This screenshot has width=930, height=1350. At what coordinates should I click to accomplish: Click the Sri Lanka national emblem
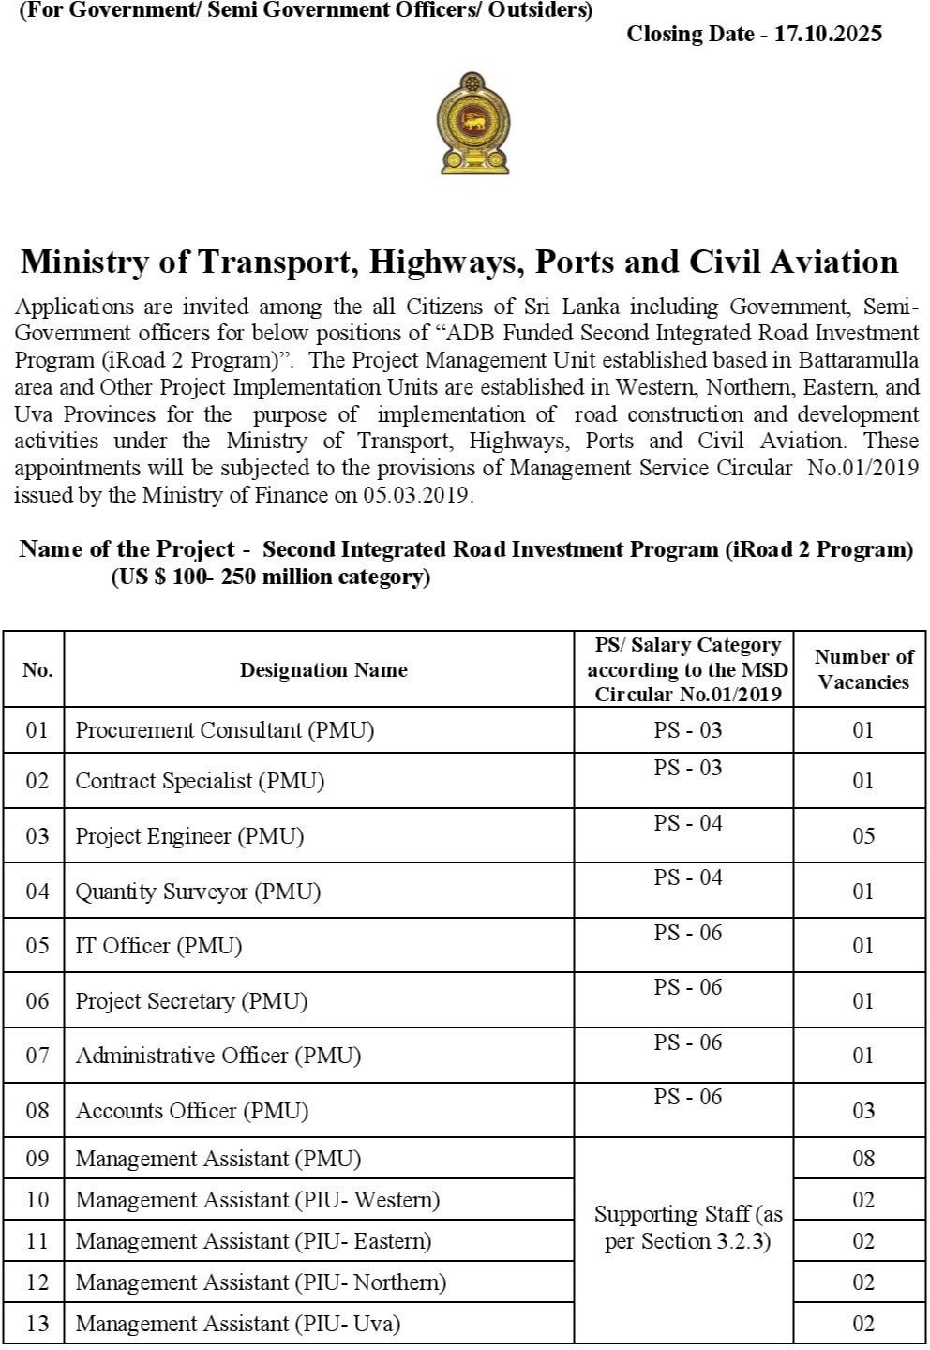[x=474, y=123]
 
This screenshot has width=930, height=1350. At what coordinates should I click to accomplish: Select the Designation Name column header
[x=323, y=669]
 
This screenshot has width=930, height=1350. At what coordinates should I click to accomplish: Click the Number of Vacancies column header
[x=863, y=669]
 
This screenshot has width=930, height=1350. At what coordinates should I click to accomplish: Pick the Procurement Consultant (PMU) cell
[x=225, y=730]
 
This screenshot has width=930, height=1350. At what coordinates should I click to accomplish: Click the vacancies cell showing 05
[x=863, y=835]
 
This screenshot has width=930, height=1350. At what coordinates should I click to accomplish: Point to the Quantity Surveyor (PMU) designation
[x=198, y=891]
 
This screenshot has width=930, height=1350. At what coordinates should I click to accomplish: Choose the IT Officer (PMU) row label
[x=158, y=946]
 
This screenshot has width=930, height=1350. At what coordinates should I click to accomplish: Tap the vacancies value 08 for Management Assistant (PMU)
[x=863, y=1159]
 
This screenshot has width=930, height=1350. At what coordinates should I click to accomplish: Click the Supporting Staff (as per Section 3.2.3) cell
[x=688, y=1228]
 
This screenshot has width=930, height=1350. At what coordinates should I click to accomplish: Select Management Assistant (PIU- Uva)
[x=238, y=1324]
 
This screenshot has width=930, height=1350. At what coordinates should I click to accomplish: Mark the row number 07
[x=37, y=1056]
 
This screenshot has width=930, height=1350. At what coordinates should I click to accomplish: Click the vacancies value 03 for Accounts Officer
[x=863, y=1111]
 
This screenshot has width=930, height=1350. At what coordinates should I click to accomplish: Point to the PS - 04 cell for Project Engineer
[x=688, y=824]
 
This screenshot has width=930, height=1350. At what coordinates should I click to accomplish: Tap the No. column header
[x=37, y=669]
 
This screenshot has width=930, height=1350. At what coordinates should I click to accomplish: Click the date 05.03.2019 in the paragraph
[x=415, y=495]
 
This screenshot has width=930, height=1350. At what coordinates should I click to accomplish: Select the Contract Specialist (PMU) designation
[x=200, y=781]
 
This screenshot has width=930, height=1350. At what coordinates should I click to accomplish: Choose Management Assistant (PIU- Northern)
[x=261, y=1282]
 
